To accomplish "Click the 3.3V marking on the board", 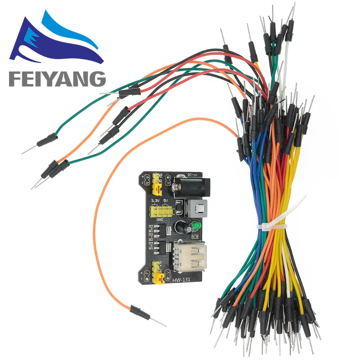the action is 156,201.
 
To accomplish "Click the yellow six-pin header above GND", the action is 161,211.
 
